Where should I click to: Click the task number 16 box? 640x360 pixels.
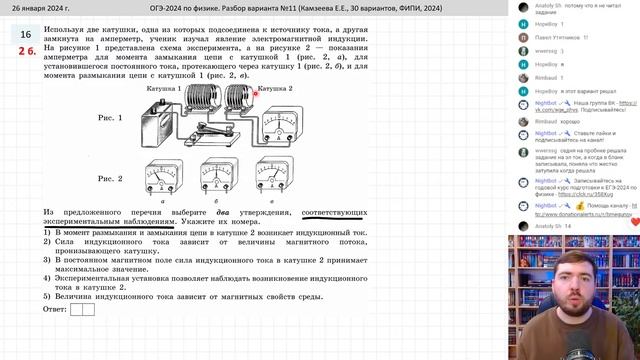click(25, 33)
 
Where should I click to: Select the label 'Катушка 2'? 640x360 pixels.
click(274, 89)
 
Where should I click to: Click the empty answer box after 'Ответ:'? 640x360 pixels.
click(83, 309)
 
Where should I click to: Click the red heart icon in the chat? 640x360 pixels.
click(634, 222)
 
